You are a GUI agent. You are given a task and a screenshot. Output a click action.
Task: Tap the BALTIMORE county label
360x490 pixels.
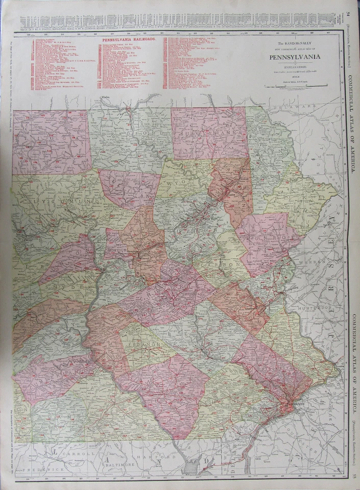point(126,465)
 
